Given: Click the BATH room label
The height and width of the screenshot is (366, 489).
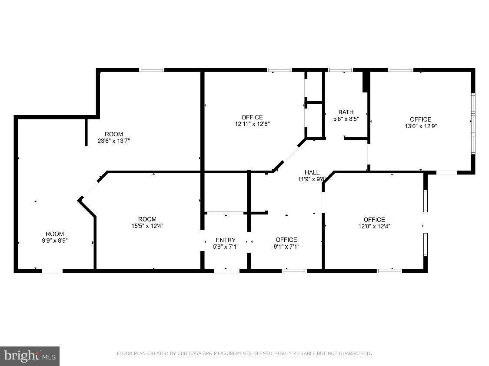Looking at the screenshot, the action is [346, 112].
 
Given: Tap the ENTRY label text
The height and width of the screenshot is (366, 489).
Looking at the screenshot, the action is [226, 240].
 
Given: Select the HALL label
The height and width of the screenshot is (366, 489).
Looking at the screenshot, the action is [312, 172].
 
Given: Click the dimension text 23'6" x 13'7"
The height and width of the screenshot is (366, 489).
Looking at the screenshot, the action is [113, 141].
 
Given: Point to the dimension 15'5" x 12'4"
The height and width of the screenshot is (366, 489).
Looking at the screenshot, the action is [147, 226].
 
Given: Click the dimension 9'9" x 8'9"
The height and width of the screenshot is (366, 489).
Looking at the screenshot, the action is [55, 241].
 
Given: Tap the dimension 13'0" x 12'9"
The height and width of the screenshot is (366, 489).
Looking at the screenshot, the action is [421, 126].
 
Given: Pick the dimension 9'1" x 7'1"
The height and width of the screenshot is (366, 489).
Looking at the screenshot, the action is [286, 247].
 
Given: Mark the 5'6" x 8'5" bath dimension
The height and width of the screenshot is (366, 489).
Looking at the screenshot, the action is [346, 119].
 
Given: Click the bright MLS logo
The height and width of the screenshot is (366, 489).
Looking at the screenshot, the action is [30, 356].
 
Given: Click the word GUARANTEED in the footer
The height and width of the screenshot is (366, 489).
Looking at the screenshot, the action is [355, 353].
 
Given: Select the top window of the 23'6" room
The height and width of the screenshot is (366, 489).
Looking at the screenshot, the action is [152, 70].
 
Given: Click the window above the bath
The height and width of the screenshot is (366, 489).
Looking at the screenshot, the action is [340, 70].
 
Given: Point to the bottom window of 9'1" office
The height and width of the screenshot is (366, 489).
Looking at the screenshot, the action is [295, 270].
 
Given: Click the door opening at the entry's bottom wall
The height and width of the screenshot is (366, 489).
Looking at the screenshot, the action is [226, 271].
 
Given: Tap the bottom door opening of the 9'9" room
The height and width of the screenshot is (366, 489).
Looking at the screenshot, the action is [52, 271].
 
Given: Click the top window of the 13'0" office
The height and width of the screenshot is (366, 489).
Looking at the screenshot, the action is [401, 70].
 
